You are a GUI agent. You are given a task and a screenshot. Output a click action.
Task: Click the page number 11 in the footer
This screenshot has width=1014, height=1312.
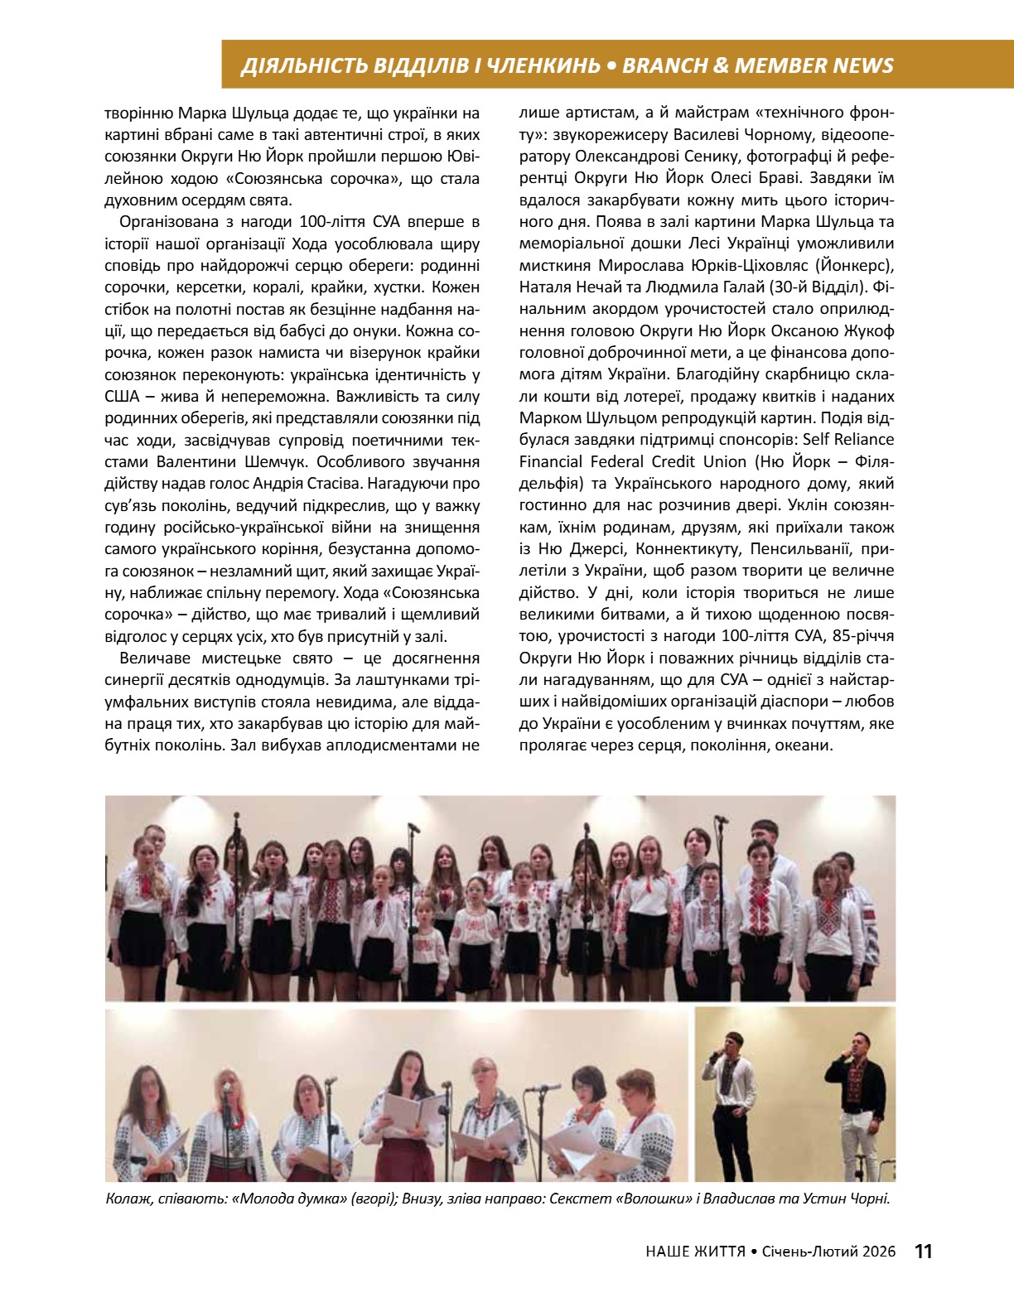pyautogui.click(x=923, y=1251)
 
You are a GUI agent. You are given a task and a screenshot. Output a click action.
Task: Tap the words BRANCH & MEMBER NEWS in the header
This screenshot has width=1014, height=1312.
pyautogui.click(x=757, y=65)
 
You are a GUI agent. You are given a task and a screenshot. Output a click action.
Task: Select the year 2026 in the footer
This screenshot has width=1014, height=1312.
pyautogui.click(x=877, y=1252)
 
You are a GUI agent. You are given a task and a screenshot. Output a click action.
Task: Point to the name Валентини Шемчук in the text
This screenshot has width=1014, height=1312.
pyautogui.click(x=225, y=461)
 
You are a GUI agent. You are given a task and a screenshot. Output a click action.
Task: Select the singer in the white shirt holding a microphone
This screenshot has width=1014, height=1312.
pyautogui.click(x=729, y=1093)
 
